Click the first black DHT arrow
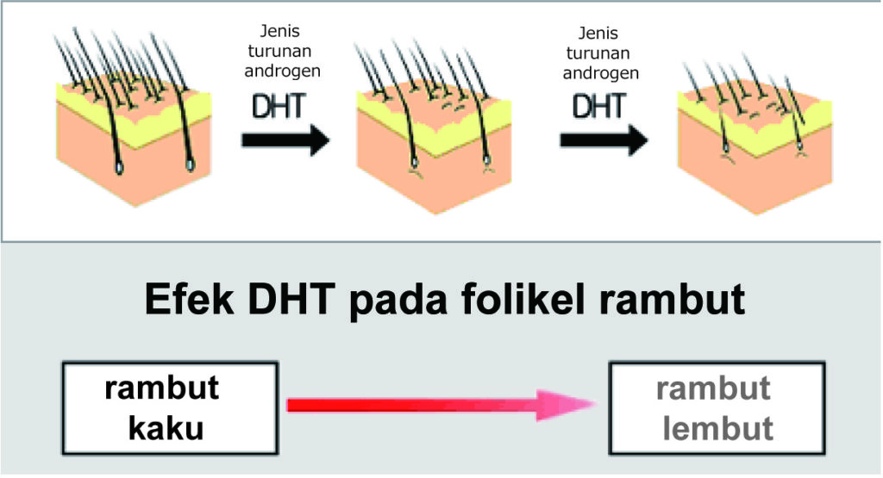coord(285,140)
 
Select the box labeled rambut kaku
coord(169,407)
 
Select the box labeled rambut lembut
coord(712,407)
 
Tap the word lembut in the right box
coord(712,427)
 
